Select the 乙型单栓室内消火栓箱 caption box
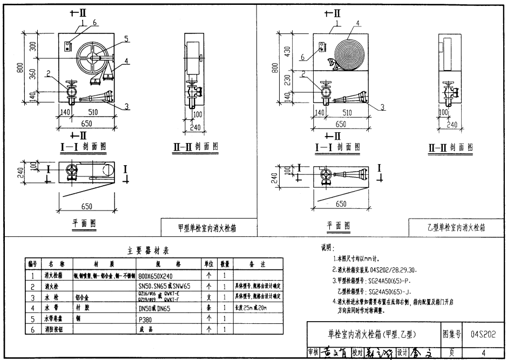point(455,228)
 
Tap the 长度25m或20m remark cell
point(251,308)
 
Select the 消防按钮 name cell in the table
point(55,329)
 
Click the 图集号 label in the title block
point(452,335)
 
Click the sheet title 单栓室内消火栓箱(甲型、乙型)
point(373,335)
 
